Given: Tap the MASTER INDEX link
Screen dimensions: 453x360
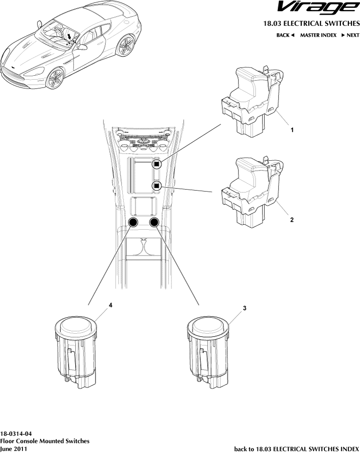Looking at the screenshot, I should pos(318,35).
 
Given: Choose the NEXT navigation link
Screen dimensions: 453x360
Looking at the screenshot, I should pos(350,35).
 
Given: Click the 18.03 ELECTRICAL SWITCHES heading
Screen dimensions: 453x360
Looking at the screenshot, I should pos(311,23).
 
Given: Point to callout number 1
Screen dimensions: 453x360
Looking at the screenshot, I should pos(292,130).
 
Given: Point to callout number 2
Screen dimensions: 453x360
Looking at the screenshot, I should pos(292,220).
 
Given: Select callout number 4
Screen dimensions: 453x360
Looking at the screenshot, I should pos(111,305).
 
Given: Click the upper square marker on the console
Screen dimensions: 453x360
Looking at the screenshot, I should pos(156,164).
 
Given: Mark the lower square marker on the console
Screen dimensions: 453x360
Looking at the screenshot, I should pos(156,185).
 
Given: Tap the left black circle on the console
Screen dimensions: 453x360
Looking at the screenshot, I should pos(133,223).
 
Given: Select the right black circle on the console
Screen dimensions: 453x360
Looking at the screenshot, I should pos(155,223).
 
